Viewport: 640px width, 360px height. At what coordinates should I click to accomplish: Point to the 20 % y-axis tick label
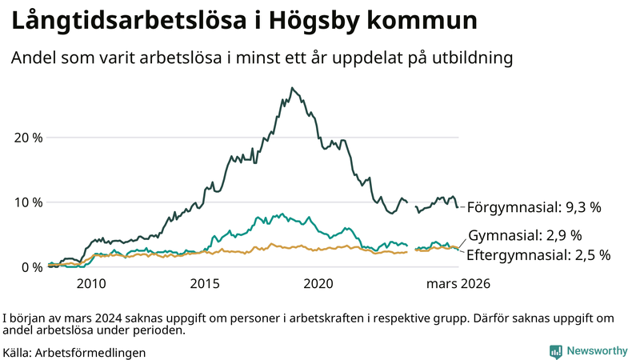pyautogui.click(x=28, y=137)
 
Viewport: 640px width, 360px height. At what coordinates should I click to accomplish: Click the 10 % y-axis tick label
pyautogui.click(x=28, y=202)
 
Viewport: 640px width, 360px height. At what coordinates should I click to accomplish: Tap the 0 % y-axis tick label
pyautogui.click(x=32, y=267)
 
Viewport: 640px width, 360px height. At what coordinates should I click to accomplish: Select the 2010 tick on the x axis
pyautogui.click(x=90, y=283)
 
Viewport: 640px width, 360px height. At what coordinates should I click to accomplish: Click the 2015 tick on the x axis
pyautogui.click(x=205, y=283)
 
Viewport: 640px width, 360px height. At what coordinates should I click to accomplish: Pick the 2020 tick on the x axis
pyautogui.click(x=319, y=283)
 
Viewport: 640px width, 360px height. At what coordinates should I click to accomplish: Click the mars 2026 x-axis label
pyautogui.click(x=458, y=283)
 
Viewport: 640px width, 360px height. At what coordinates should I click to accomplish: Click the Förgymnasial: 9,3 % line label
pyautogui.click(x=534, y=207)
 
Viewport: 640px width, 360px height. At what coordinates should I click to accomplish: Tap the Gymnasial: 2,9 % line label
pyautogui.click(x=524, y=236)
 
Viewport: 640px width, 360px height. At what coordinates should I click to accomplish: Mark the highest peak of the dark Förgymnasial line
pyautogui.click(x=292, y=88)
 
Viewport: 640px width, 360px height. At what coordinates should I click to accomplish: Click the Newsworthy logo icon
pyautogui.click(x=555, y=351)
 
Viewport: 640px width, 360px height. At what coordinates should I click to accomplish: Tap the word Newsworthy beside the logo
pyautogui.click(x=597, y=351)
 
